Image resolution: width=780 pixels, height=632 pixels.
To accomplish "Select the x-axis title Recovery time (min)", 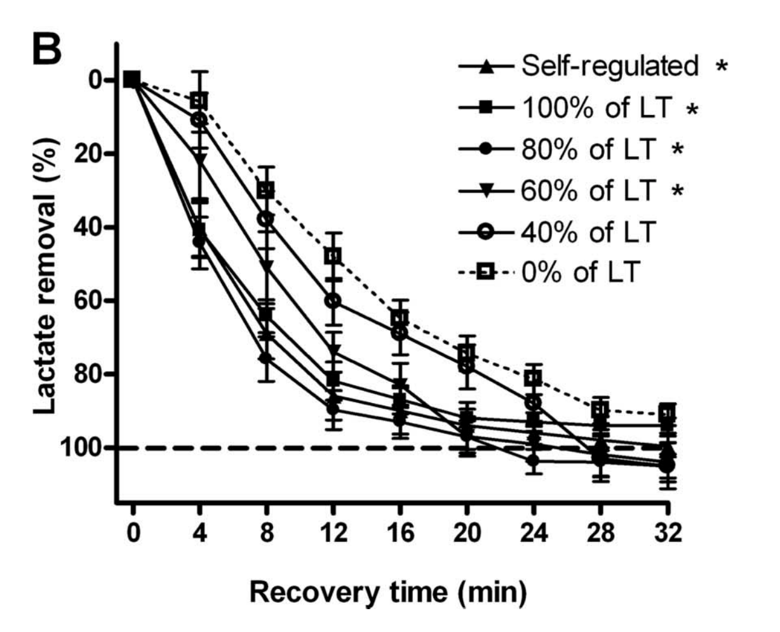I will click(388, 591).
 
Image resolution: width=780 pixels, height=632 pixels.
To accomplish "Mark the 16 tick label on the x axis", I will click(400, 532).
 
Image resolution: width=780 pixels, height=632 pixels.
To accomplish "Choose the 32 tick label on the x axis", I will click(666, 532).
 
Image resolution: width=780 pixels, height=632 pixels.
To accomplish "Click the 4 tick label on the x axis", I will click(199, 532).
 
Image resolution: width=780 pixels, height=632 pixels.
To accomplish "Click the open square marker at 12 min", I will click(333, 256).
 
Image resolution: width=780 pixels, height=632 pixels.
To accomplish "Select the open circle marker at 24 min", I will click(533, 403).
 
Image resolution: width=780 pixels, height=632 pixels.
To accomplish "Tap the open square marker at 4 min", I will click(199, 101).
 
